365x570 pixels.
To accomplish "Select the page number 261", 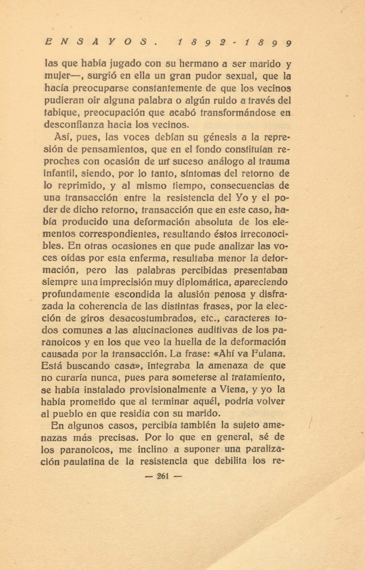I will click(163, 476).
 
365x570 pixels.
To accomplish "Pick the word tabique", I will click(61, 113).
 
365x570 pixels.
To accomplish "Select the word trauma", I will click(274, 161).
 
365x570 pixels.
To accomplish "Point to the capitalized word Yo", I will click(241, 198).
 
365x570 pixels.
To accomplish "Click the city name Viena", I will click(232, 389).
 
